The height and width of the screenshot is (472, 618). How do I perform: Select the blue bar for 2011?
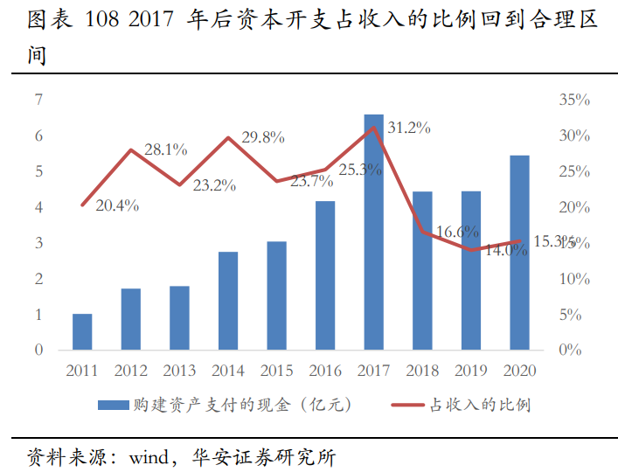tap(82, 331)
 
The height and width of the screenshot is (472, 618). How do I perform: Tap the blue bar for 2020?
tap(519, 253)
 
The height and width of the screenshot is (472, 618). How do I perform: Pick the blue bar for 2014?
tap(228, 301)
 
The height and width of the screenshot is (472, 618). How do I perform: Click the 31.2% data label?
tap(409, 128)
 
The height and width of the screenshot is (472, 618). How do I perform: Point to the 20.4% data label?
tap(117, 206)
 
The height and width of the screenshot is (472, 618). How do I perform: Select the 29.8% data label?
tap(263, 137)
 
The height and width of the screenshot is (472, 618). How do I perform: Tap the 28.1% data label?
tap(165, 149)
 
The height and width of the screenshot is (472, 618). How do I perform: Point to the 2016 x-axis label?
tap(325, 370)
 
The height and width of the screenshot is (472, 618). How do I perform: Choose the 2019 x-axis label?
tap(471, 370)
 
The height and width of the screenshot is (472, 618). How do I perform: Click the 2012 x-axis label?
tap(131, 370)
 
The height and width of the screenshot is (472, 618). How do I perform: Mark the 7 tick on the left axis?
tap(38, 100)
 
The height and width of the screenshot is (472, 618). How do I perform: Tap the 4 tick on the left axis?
tap(38, 207)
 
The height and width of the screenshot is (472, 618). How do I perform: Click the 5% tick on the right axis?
tap(571, 314)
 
